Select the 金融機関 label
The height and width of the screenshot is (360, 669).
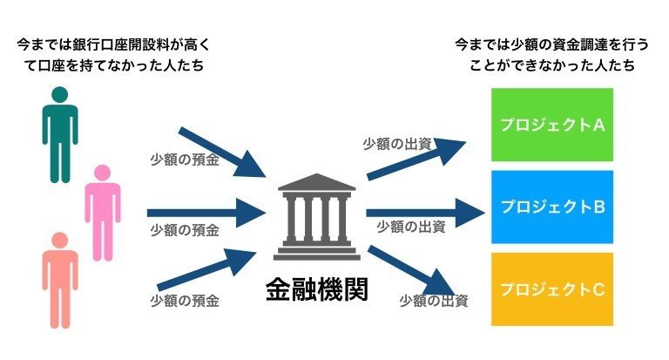point(316,290)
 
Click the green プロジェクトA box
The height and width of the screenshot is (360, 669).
point(551,126)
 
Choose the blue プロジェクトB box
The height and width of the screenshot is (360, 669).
point(551,207)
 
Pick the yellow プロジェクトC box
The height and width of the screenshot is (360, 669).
point(551,289)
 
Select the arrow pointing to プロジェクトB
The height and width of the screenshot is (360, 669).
point(425,210)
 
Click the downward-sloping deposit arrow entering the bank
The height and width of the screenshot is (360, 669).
point(218,150)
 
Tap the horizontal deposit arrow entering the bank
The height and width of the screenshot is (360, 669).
point(206,211)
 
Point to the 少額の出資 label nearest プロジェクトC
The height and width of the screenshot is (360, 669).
point(434,301)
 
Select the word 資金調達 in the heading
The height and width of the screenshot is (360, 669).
point(567,44)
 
